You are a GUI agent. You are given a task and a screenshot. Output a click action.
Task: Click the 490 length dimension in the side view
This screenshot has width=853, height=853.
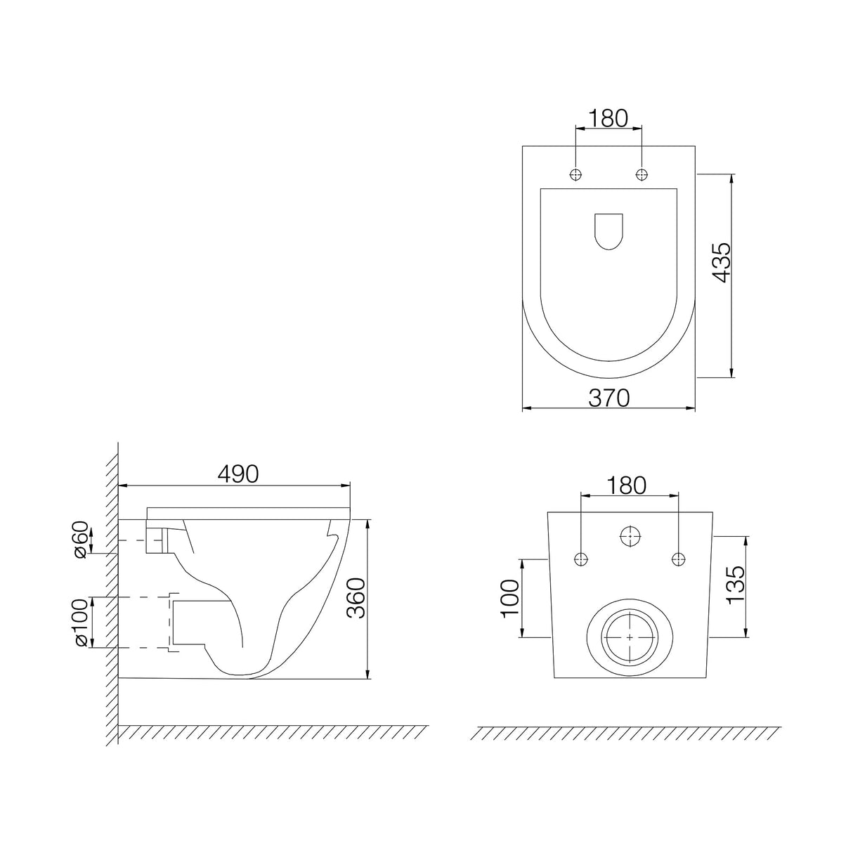pos(237,474)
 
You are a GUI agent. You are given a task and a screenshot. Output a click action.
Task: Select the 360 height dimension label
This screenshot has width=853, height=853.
pos(357,598)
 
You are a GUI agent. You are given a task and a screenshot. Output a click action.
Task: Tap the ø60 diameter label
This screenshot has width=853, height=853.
pos(82,539)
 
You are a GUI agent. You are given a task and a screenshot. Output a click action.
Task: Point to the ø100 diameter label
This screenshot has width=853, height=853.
pos(82,623)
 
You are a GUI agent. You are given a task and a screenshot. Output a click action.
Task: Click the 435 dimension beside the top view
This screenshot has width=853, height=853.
pos(721,263)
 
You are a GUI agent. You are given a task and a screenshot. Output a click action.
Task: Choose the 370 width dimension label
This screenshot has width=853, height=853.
pos(608,398)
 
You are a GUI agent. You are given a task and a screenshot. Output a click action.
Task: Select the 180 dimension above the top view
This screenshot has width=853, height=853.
pos(608,119)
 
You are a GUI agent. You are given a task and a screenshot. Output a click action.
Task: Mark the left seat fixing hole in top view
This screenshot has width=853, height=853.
pos(576,174)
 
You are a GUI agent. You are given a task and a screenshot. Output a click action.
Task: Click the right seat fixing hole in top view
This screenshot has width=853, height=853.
pos(642,174)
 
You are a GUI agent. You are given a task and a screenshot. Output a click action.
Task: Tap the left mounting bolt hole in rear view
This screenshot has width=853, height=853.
pos(580,559)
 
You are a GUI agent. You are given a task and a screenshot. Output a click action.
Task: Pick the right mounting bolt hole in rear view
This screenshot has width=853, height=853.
pos(678,559)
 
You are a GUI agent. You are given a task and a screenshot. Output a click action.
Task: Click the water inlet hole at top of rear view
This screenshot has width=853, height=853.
pos(630,537)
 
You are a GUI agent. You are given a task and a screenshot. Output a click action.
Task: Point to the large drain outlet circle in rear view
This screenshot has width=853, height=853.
pos(630,637)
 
